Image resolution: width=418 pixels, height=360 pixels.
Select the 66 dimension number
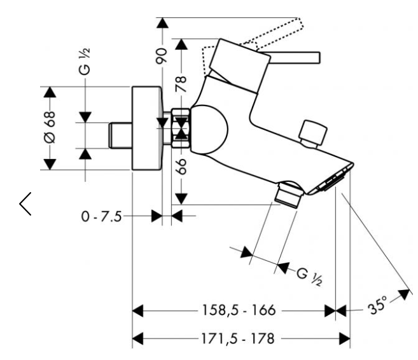click(x=182, y=167)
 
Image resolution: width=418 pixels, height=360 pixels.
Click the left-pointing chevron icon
click(x=25, y=202)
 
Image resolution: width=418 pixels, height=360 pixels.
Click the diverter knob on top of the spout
click(x=314, y=132)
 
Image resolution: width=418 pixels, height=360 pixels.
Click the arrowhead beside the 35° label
click(x=403, y=294)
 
